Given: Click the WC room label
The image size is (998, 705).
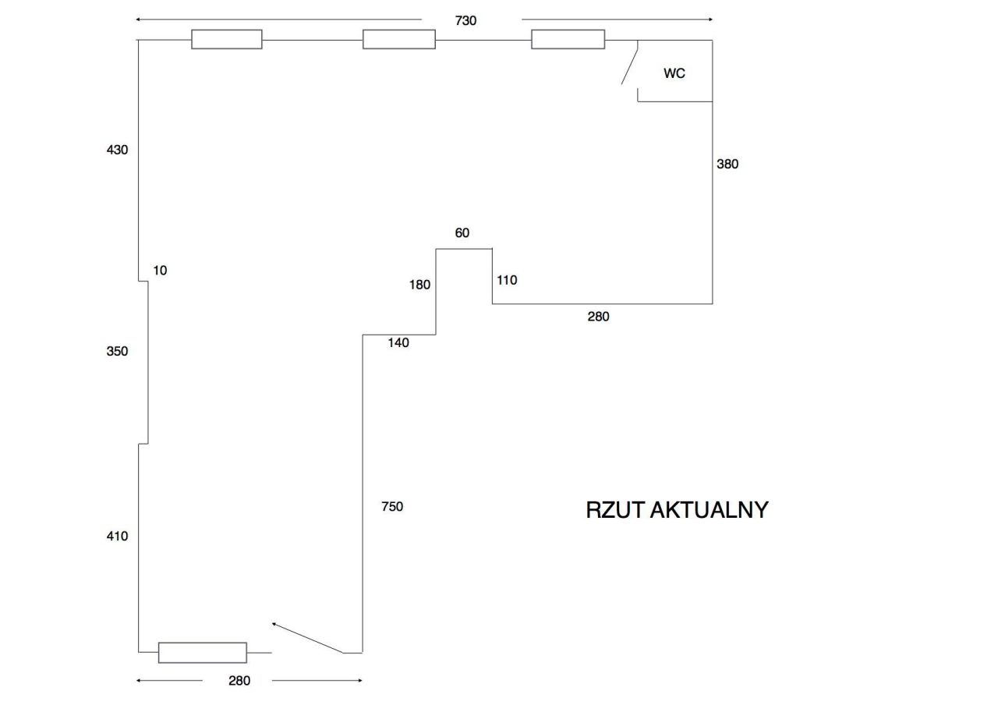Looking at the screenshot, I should pos(674,73).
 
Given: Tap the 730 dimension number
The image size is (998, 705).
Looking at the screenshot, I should pos(465,21).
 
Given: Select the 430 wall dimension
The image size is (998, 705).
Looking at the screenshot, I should pos(117,150).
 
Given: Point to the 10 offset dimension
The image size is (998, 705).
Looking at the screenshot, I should pos(160,271).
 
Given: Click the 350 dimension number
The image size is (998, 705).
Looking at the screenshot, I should pos(117,352).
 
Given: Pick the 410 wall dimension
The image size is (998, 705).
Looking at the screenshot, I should pos(117,536).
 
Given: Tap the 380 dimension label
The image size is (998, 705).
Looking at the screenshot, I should pos(727,164).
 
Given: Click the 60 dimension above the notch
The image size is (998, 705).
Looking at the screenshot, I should pos(462,233).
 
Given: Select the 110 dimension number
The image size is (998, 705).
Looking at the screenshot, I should pos(507,280).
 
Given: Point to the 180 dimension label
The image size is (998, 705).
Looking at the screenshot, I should pos(419,285).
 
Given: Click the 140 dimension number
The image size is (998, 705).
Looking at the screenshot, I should pos(398,342).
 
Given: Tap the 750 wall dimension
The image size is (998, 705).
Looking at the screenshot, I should pos(392,507).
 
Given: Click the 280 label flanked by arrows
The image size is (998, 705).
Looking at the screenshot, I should pos(239,681).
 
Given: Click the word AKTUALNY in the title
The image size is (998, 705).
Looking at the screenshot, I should pos(709,510).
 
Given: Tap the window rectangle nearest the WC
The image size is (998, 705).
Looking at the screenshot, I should pos(568,39).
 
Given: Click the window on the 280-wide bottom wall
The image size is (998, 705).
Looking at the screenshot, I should pos(203,652).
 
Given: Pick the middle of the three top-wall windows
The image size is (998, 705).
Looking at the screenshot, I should pos(398,39).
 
